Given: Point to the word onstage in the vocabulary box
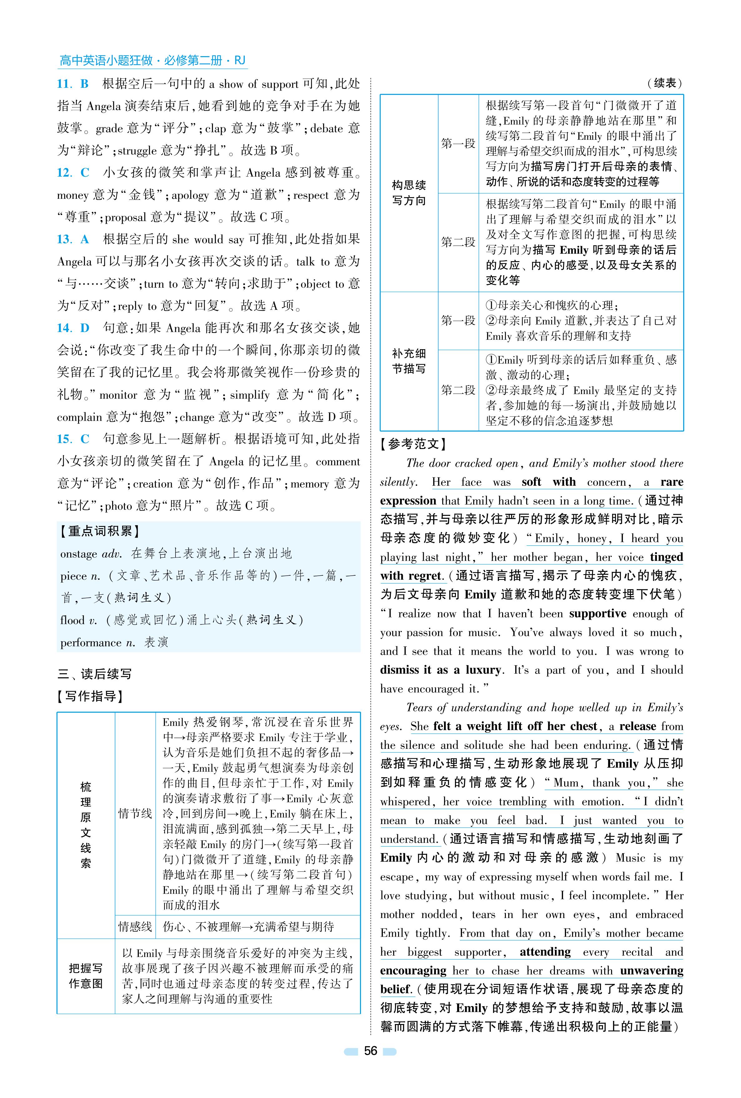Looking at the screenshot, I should coord(78,554).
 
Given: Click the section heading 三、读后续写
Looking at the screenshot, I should coord(95,674).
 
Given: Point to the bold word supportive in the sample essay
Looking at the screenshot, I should coord(597,613).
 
